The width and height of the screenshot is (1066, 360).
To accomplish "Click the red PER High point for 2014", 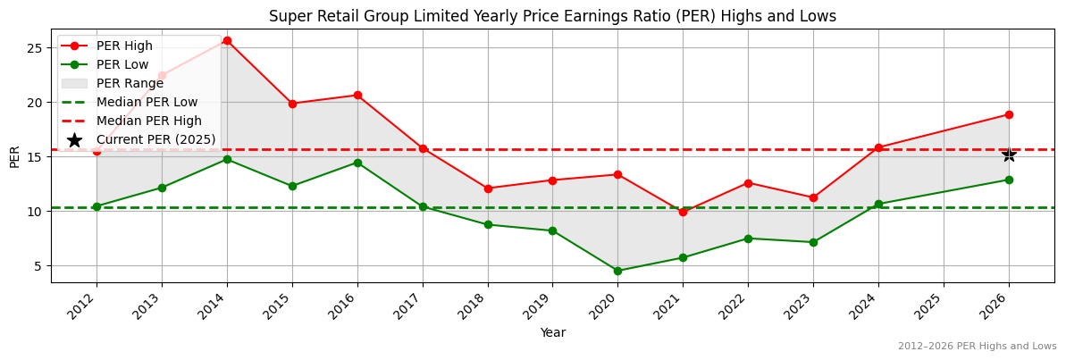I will [x=227, y=40].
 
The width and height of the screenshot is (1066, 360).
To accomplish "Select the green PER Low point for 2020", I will [x=617, y=271].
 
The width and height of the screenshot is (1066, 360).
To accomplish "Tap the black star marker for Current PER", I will [x=1009, y=155].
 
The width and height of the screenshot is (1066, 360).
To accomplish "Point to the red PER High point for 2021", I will [x=683, y=212].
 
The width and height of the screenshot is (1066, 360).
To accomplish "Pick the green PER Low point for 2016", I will [x=357, y=163].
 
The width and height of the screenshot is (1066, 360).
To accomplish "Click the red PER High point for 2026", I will [x=1009, y=114].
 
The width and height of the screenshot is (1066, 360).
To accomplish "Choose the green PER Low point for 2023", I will [x=813, y=242].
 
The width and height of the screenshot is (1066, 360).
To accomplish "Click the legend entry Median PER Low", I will [x=147, y=102].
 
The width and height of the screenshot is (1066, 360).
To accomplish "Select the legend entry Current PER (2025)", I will [x=156, y=139].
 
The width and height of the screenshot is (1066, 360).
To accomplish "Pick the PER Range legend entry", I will [x=130, y=83].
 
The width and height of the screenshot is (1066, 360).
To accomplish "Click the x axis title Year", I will [x=552, y=332].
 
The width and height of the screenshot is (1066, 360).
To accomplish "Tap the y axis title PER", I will [x=14, y=156].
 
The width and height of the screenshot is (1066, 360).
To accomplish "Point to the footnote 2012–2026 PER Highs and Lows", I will [x=977, y=346].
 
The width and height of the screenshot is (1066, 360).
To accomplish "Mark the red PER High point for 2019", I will [x=552, y=180].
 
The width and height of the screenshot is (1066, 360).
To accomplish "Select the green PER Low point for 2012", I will [x=97, y=206].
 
